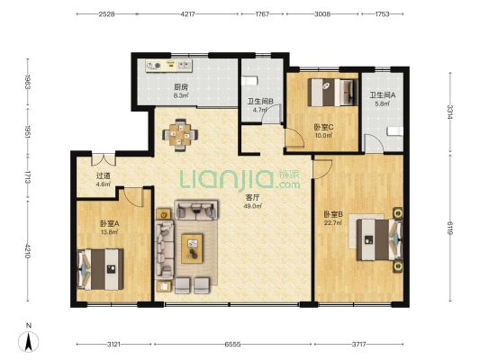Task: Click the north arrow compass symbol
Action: click(29, 341)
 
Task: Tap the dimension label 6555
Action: click(232, 345)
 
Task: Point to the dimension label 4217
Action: click(187, 14)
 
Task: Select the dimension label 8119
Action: click(450, 228)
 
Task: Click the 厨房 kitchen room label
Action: click(181, 87)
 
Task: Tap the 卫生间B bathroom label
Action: click(260, 101)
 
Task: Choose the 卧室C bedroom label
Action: click(323, 127)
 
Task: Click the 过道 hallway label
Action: click(104, 175)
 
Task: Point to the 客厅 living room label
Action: click(252, 198)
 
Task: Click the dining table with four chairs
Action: click(180, 135)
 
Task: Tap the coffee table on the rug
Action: click(192, 248)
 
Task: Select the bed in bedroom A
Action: click(101, 269)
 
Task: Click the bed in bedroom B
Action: click(380, 239)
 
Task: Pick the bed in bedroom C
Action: click(332, 93)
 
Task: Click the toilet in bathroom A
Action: click(395, 131)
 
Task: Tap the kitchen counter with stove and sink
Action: click(169, 66)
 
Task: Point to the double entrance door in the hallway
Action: click(104, 159)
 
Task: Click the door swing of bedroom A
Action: click(134, 197)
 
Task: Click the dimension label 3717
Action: click(358, 345)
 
